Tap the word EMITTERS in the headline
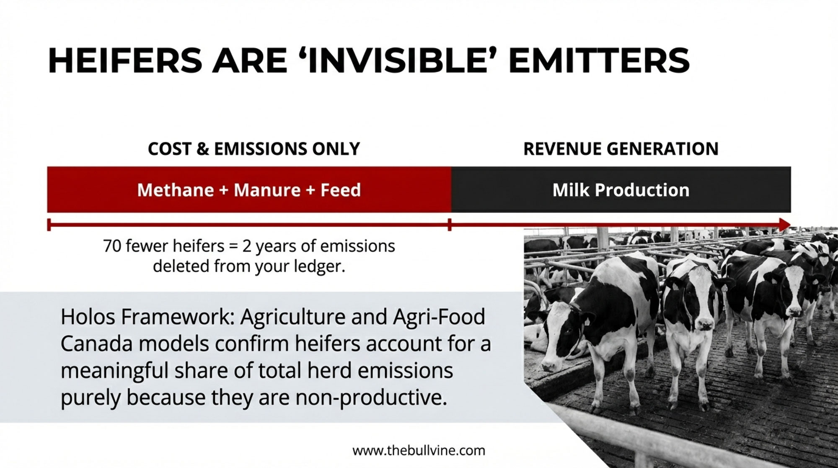599,61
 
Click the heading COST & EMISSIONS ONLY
254,149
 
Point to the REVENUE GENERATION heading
621,149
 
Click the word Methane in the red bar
176,190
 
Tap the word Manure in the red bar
267,190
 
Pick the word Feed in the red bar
341,190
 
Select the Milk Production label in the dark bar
621,190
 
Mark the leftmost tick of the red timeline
49,224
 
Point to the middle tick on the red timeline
450,224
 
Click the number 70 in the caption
112,246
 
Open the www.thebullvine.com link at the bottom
419,451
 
